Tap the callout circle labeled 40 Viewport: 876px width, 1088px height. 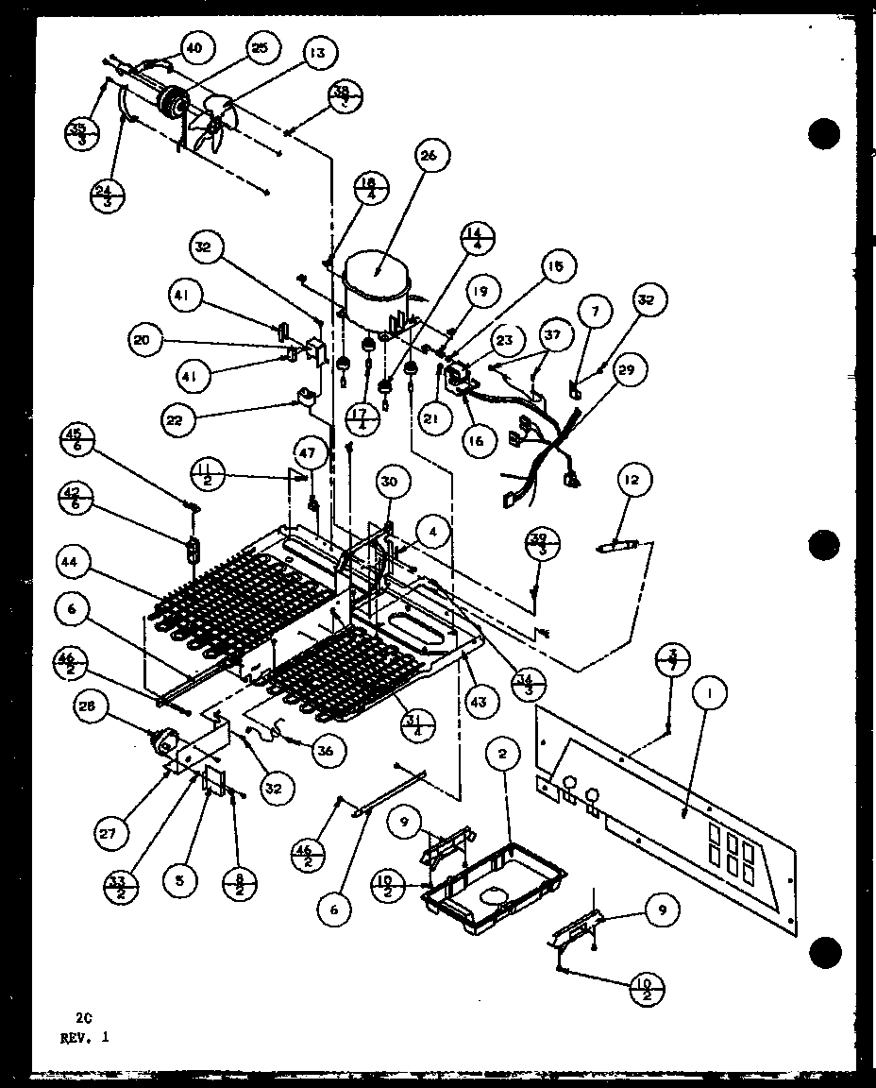point(194,46)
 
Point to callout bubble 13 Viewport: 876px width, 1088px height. point(320,54)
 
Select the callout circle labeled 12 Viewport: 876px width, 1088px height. point(630,482)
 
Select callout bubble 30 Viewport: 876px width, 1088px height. point(390,482)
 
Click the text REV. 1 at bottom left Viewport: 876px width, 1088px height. point(83,1036)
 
